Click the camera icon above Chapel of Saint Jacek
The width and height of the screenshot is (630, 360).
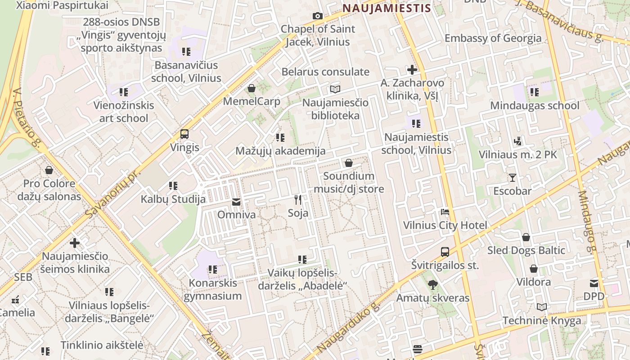tap(317, 16)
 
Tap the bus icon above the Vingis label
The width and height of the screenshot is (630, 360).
tap(184, 134)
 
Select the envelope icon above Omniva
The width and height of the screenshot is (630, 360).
tap(236, 202)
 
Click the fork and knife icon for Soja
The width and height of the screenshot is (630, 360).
tap(297, 199)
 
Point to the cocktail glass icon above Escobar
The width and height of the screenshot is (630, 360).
tap(512, 177)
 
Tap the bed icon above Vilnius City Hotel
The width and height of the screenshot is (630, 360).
tap(445, 212)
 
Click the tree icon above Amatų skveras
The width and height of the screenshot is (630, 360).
tap(432, 284)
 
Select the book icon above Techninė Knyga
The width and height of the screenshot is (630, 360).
tap(542, 307)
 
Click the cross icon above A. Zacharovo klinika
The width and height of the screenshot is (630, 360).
tap(412, 70)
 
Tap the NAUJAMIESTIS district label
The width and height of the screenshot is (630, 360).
tap(387, 8)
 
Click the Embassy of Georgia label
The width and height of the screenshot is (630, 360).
tap(493, 38)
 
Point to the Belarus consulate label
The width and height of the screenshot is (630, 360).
tap(325, 72)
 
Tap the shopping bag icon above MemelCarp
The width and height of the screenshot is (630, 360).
tap(252, 88)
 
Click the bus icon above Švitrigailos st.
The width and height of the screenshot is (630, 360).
tap(445, 252)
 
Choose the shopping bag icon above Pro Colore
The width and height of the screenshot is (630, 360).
tap(49, 171)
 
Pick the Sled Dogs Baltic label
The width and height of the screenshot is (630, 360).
tap(526, 250)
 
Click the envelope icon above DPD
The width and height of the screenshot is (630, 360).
tap(594, 283)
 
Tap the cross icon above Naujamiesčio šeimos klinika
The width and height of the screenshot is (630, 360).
tap(75, 243)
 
